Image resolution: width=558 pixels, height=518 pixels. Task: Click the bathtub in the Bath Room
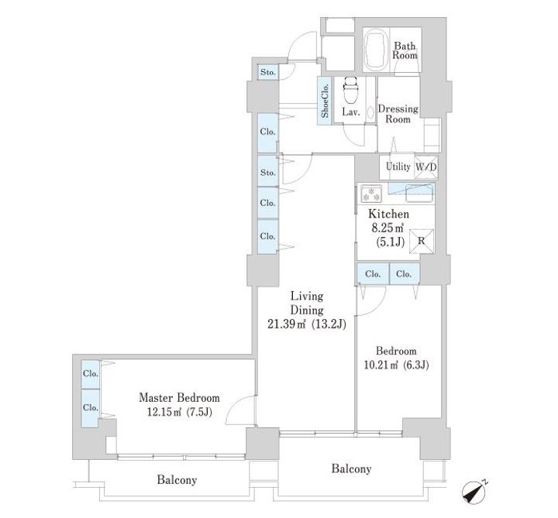point(376,50)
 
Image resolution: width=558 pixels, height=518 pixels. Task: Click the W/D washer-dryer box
point(426,166)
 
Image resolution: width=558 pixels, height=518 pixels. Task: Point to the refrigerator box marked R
point(422,242)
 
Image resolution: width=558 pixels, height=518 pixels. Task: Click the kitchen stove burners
point(370,194)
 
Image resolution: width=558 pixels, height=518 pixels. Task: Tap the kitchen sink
point(419,194)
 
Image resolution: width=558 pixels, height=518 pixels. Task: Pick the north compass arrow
point(475,492)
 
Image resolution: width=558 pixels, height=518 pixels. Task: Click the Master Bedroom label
point(179,397)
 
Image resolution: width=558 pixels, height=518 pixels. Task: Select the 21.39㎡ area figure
point(287,324)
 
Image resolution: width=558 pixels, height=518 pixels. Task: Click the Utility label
point(398,166)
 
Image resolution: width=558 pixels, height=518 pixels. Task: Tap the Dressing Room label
point(398,114)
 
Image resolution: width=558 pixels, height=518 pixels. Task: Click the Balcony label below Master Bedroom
point(177,480)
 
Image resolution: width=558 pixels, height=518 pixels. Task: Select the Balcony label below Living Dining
point(351,468)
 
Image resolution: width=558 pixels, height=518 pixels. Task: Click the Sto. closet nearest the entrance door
point(268,72)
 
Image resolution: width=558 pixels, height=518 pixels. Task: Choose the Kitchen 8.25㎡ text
point(388,221)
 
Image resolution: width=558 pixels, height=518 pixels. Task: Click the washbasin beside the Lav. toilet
point(370,112)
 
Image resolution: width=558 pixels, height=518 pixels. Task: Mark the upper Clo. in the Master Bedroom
point(91,374)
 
